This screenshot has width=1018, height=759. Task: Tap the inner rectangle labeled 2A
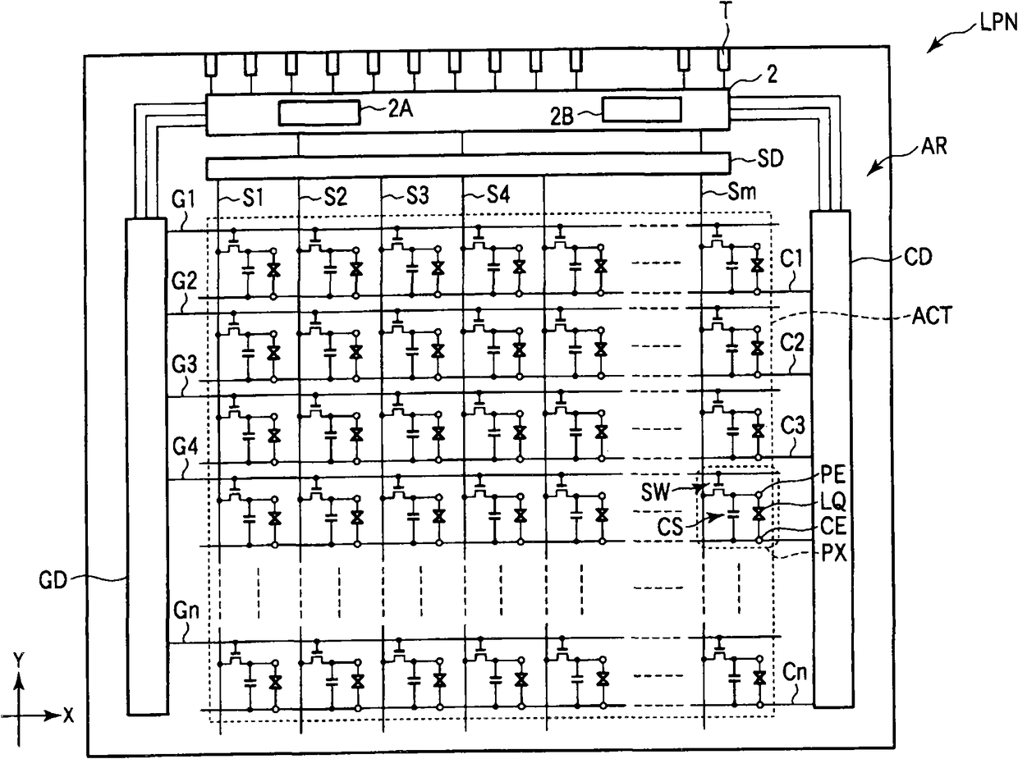click(319, 113)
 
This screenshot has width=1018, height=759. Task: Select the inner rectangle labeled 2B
click(641, 109)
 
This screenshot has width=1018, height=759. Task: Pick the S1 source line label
click(254, 198)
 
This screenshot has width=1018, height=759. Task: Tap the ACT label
click(932, 316)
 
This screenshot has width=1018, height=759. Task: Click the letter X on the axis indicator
click(68, 716)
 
